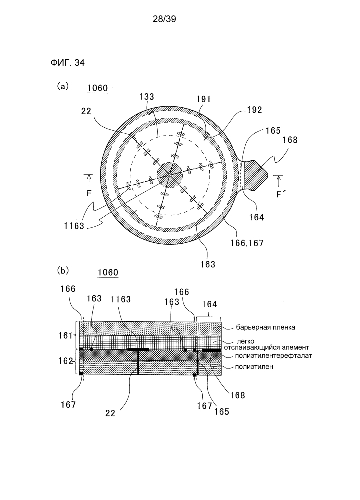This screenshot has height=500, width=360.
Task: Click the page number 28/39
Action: [164, 19]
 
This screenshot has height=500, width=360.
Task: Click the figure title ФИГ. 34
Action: [67, 63]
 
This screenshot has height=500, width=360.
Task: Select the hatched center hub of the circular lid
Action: [170, 174]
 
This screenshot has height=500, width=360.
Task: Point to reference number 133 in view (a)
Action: [146, 96]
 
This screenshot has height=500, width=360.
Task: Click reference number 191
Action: [204, 99]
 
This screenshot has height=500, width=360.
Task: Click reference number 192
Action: [254, 110]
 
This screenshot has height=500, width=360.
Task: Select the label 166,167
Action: [247, 243]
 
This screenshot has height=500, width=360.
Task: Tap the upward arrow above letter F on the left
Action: [89, 180]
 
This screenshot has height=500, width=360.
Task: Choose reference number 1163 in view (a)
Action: [74, 226]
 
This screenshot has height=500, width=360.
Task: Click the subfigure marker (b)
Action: [63, 271]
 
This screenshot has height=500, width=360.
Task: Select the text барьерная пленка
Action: [265, 327]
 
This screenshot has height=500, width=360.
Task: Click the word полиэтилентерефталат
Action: [273, 355]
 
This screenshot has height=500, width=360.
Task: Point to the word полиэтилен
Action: [254, 367]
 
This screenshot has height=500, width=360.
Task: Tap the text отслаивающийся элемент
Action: [266, 347]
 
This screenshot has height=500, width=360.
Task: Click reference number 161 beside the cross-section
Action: [65, 335]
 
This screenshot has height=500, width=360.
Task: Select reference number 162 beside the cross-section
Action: [65, 361]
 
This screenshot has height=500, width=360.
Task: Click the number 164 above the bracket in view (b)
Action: [209, 304]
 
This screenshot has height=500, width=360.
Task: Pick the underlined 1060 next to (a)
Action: [98, 88]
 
